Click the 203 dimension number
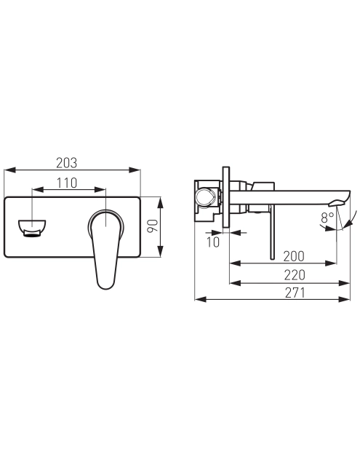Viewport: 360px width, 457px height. pyautogui.click(x=67, y=163)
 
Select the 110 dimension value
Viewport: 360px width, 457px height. pyautogui.click(x=67, y=183)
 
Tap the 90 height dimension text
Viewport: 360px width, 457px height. pyautogui.click(x=152, y=226)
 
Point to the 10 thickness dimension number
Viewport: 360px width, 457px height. pyautogui.click(x=213, y=242)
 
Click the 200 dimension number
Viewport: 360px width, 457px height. pyautogui.click(x=294, y=256)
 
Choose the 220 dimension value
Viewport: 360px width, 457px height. pyautogui.click(x=295, y=275)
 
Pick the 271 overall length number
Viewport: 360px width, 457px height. pyautogui.click(x=295, y=293)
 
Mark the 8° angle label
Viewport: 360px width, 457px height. pyautogui.click(x=327, y=217)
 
